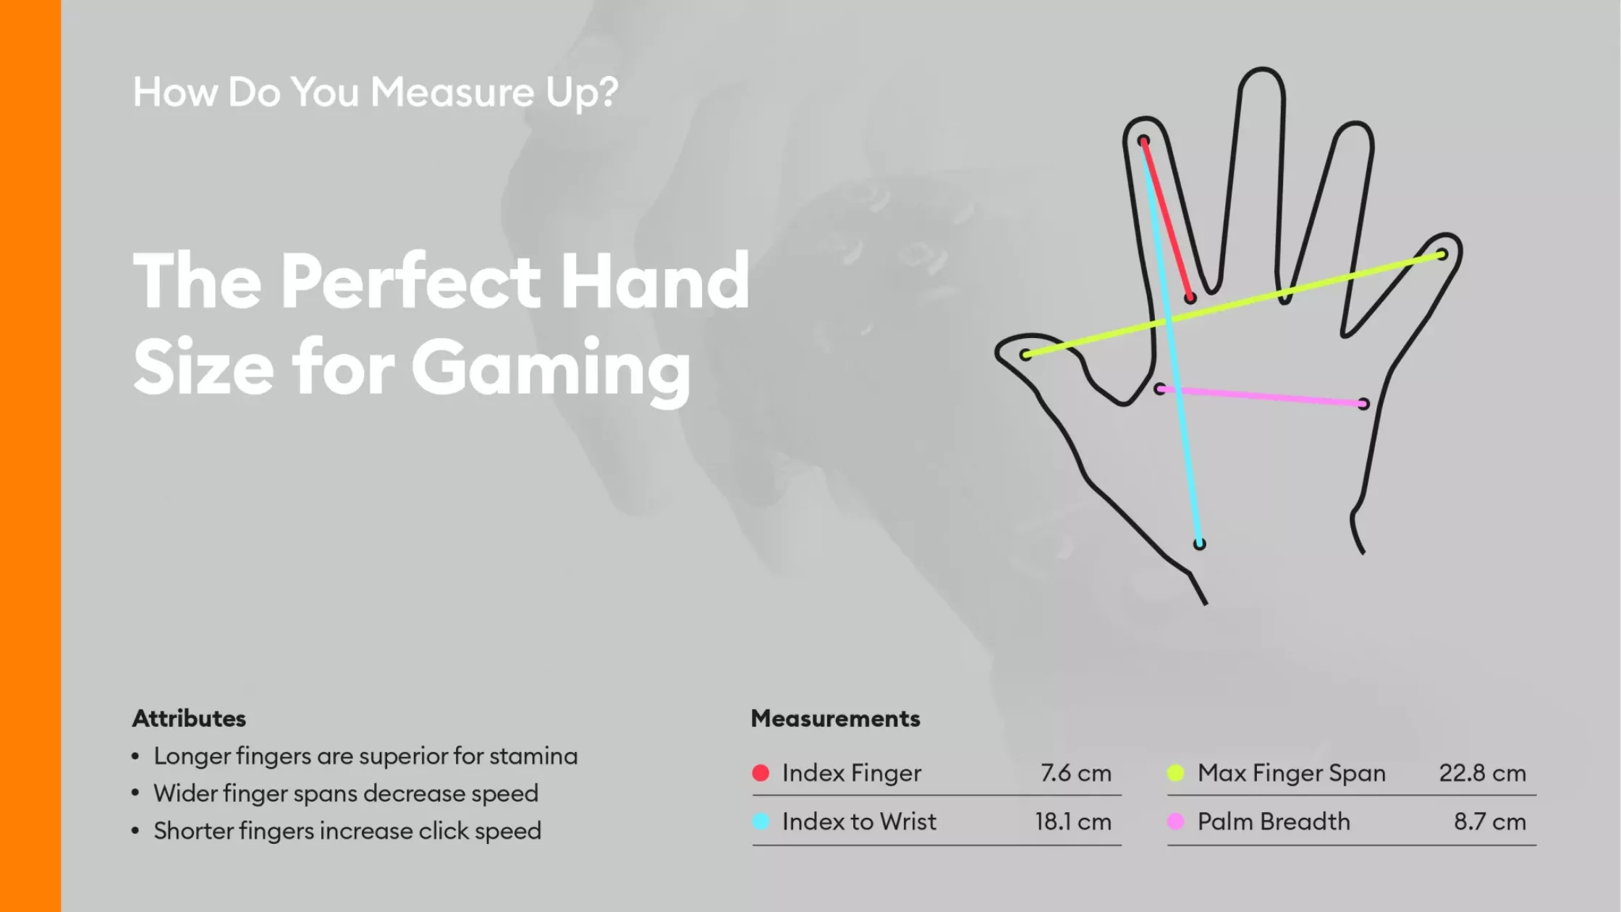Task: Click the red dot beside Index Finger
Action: point(761,773)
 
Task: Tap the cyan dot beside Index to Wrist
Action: point(761,822)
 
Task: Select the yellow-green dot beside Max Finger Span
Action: point(1176,773)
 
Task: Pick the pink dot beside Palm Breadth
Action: point(1176,822)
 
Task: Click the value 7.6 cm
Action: point(1076,773)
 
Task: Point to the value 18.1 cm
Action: point(1073,822)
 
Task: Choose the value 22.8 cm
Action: point(1483,773)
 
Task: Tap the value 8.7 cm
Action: point(1490,822)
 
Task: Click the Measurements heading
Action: point(836,718)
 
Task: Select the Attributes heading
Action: point(190,718)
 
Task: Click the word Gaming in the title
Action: point(551,369)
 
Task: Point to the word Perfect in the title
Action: point(410,281)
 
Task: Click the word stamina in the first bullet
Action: point(533,756)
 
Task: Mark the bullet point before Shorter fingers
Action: point(135,831)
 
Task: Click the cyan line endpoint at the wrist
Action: point(1199,544)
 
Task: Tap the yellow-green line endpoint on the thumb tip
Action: point(1025,355)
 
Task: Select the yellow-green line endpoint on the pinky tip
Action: point(1442,255)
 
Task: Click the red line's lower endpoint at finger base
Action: point(1190,297)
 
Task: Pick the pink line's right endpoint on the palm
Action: point(1363,404)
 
